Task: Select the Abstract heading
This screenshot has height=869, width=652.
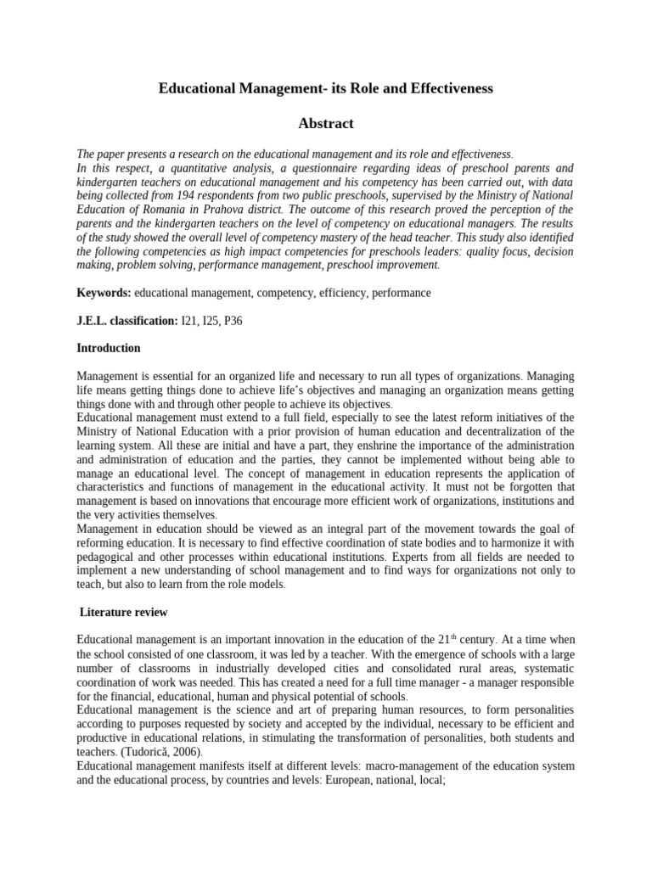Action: (x=326, y=124)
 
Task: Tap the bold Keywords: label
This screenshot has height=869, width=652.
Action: (x=104, y=293)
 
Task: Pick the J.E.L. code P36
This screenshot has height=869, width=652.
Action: (x=241, y=321)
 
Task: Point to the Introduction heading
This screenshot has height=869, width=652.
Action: (x=109, y=349)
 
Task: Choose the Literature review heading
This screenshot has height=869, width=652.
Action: (x=123, y=612)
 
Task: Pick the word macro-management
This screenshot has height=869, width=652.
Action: (x=381, y=765)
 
